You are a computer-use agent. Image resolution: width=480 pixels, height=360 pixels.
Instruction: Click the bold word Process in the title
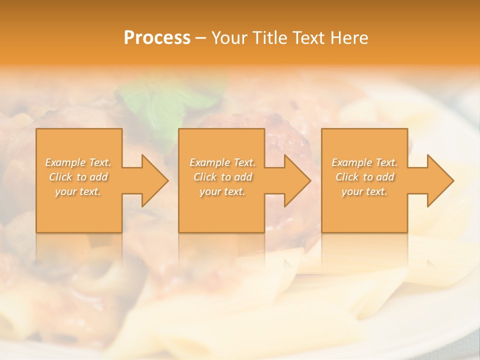point(157,38)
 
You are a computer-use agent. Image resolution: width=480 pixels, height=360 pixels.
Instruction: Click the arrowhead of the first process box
point(153,180)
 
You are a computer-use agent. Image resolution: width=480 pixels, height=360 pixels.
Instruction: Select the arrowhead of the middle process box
point(295,180)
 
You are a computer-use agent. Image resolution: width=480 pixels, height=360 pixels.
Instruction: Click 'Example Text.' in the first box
point(78,162)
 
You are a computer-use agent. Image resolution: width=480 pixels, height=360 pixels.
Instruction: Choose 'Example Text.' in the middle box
point(222,162)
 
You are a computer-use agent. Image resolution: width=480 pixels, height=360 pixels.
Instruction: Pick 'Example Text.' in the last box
point(364,162)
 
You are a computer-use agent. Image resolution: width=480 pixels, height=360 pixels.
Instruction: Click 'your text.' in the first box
point(78,191)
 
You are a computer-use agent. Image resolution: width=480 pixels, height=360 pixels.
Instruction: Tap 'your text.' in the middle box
point(222,191)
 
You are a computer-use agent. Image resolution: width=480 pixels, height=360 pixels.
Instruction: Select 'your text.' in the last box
point(364,191)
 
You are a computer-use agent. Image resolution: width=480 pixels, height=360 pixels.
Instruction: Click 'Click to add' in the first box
point(78,177)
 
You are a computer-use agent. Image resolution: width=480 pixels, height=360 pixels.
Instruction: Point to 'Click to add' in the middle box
point(222,177)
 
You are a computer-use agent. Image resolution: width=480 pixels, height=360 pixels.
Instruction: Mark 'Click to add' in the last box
point(364,177)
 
